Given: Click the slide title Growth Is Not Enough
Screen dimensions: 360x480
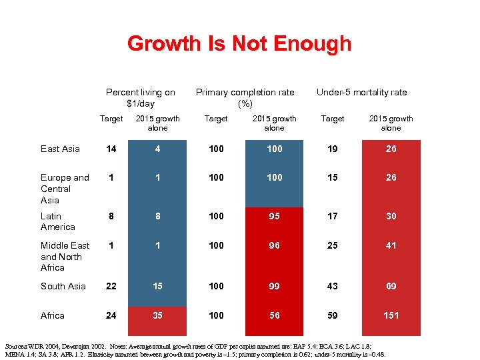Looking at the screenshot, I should click(x=239, y=44).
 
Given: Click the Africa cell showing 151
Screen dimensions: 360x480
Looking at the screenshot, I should click(x=391, y=315).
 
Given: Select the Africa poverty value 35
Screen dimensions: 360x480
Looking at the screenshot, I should click(x=157, y=315).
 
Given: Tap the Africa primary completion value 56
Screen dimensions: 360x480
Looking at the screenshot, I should click(x=274, y=315).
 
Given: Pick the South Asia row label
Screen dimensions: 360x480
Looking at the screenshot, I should click(x=63, y=286).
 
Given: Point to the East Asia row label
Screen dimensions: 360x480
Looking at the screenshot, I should click(x=60, y=149).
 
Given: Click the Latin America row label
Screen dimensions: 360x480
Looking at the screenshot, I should click(x=58, y=221).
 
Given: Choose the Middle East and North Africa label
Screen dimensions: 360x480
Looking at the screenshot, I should click(x=65, y=257).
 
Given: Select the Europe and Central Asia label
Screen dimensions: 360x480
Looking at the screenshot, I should click(x=65, y=189).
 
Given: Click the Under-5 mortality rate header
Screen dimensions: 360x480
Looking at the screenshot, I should click(x=361, y=93).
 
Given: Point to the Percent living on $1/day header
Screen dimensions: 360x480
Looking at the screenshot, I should click(x=141, y=98).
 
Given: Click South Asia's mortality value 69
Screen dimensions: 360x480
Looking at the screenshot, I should click(x=391, y=286).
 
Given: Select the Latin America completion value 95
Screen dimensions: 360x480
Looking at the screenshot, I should click(x=274, y=216).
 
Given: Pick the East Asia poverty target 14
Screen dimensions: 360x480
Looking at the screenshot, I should click(x=111, y=149).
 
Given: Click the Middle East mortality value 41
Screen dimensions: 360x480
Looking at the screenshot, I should click(x=391, y=245).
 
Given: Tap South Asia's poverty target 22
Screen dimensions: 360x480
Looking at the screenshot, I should click(x=111, y=286).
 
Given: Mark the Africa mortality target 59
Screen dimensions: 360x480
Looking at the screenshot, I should click(x=333, y=315).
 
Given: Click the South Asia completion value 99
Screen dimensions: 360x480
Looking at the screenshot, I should click(x=274, y=286).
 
